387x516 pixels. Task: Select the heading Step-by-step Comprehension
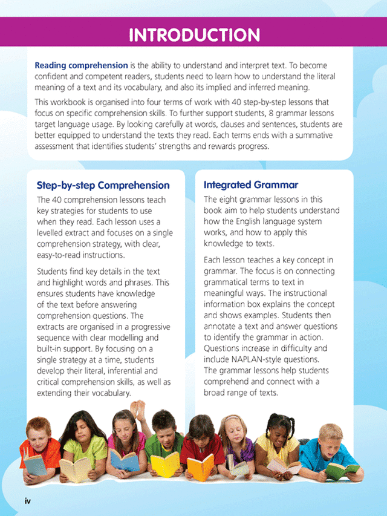pyautogui.click(x=103, y=185)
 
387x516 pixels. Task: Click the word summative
pyautogui.click(x=308, y=136)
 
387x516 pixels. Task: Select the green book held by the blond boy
pyautogui.click(x=342, y=469)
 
